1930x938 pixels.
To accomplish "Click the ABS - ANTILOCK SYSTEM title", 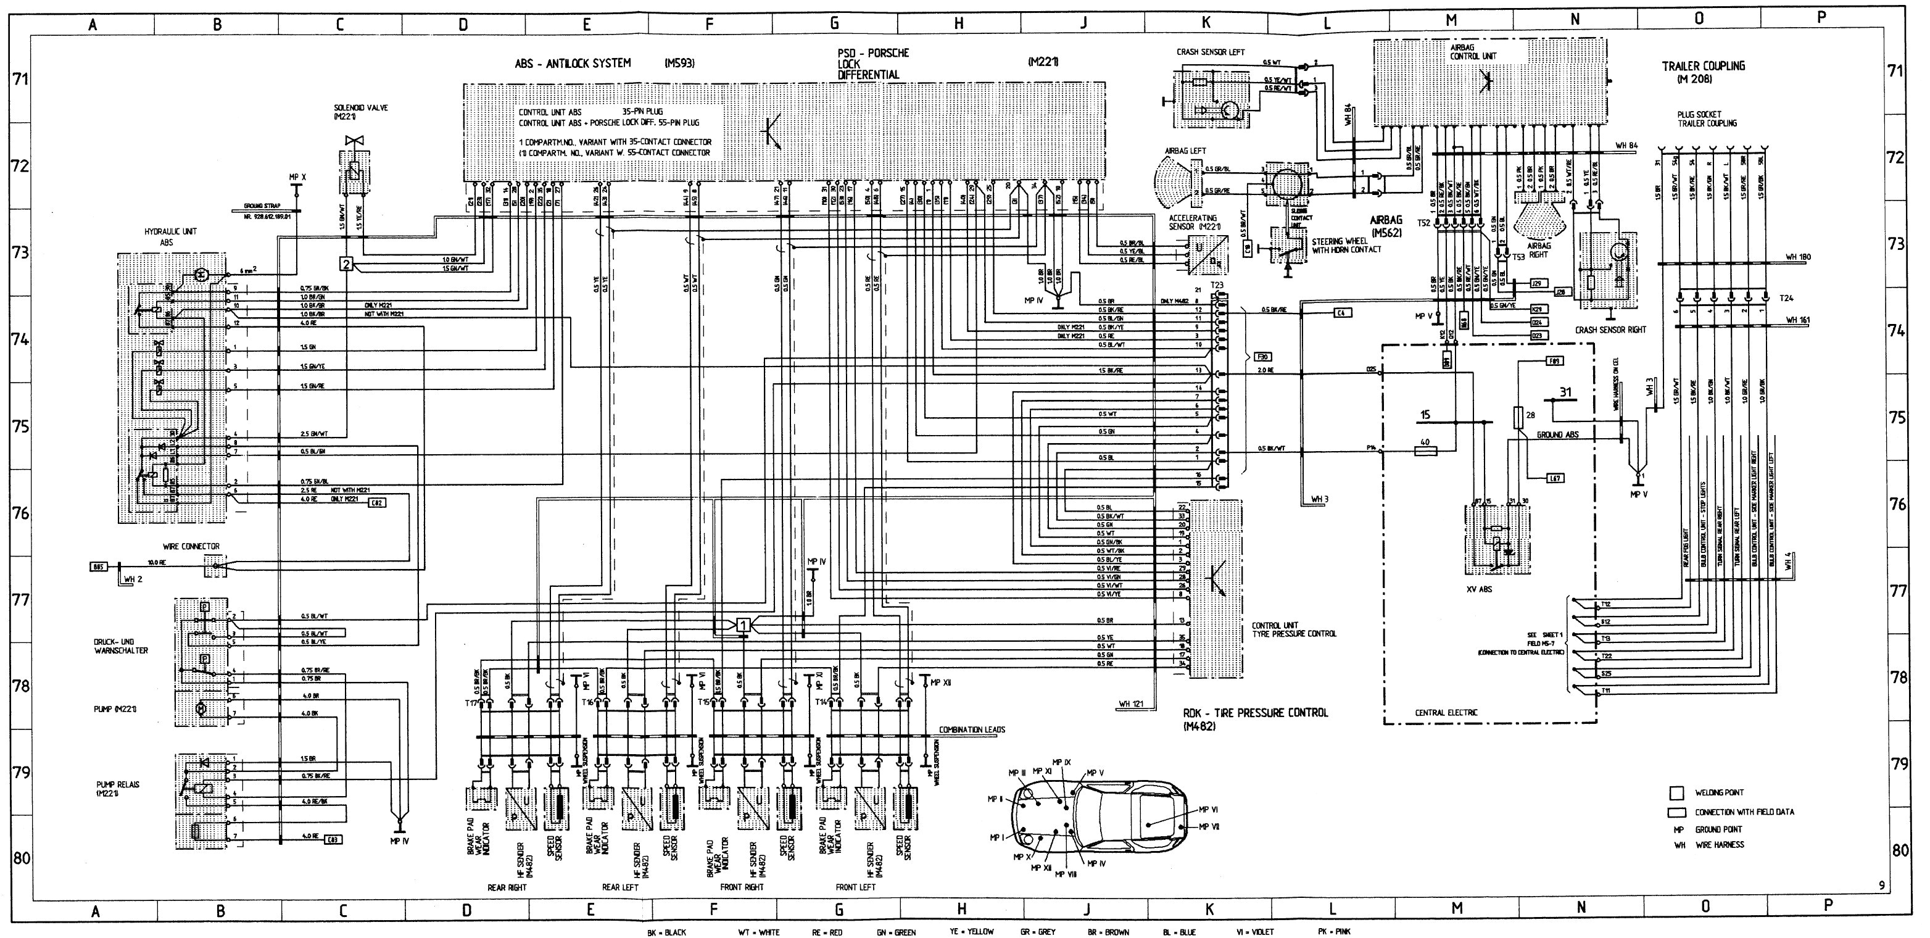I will [573, 64].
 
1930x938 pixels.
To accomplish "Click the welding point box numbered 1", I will [742, 624].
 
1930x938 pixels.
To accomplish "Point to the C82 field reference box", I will [377, 503].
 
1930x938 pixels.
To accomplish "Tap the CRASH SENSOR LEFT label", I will [1210, 52].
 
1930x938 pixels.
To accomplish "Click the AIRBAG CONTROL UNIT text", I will [1473, 51].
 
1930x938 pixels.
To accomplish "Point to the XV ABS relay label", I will [1479, 589].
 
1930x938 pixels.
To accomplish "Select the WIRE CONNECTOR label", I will [192, 546].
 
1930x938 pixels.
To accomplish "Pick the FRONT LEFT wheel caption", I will [856, 887].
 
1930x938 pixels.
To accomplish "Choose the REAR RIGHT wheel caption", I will [507, 887].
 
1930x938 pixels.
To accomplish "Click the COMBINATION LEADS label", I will [972, 729].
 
